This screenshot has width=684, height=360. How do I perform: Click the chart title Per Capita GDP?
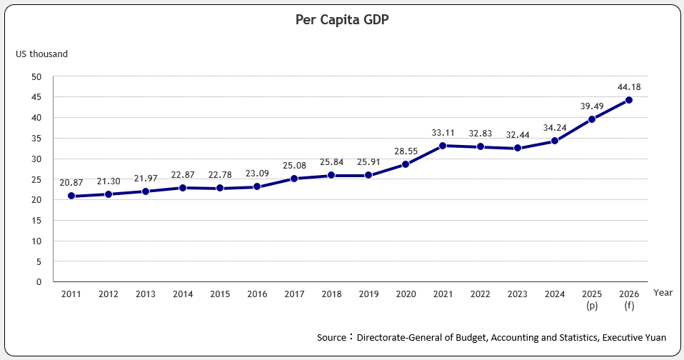point(342,20)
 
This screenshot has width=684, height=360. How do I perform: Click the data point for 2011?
point(71,196)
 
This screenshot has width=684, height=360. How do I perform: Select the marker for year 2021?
point(443,146)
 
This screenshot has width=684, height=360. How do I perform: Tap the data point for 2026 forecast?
point(629,100)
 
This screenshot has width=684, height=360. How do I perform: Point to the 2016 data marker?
point(257,186)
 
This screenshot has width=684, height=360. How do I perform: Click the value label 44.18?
point(629,87)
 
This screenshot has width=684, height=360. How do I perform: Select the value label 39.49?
point(592,106)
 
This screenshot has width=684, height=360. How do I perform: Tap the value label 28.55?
point(406,151)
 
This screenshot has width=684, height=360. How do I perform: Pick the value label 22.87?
point(183,175)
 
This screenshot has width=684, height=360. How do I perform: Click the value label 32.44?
point(518,135)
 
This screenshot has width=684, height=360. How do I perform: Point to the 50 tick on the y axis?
point(37,76)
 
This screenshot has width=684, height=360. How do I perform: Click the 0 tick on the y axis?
point(39,281)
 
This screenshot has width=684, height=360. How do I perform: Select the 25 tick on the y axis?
point(37,179)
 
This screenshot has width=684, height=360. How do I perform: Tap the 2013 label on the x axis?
point(146,294)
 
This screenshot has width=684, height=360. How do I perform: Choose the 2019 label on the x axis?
point(368,294)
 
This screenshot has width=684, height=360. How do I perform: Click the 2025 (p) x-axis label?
point(592,299)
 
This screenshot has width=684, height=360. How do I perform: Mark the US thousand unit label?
point(42,54)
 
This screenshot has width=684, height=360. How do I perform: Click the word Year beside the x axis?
point(663,293)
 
